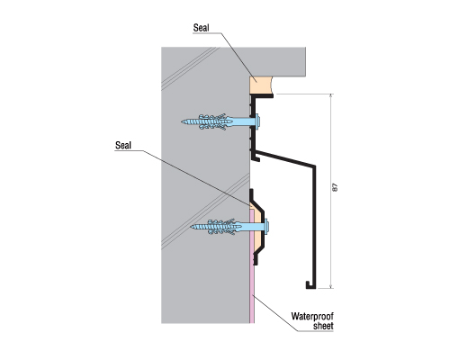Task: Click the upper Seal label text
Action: pyautogui.click(x=201, y=28)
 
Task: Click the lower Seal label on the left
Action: pyautogui.click(x=123, y=146)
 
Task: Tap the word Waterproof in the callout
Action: pyautogui.click(x=312, y=317)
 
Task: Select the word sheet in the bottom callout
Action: pyautogui.click(x=323, y=326)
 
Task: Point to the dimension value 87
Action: pyautogui.click(x=336, y=187)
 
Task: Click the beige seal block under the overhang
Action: pyautogui.click(x=260, y=85)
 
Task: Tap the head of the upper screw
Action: pyautogui.click(x=257, y=121)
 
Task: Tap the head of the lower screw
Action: pyautogui.click(x=266, y=226)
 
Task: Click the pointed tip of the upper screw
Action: pyautogui.click(x=182, y=121)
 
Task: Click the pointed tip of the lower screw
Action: pyautogui.click(x=191, y=226)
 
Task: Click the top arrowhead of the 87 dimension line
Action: pyautogui.click(x=331, y=95)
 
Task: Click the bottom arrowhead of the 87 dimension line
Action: pyautogui.click(x=331, y=286)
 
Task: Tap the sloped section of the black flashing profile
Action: pyautogui.click(x=285, y=158)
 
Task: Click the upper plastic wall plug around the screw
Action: pyautogui.click(x=214, y=121)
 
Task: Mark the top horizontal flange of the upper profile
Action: pyautogui.click(x=262, y=95)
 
